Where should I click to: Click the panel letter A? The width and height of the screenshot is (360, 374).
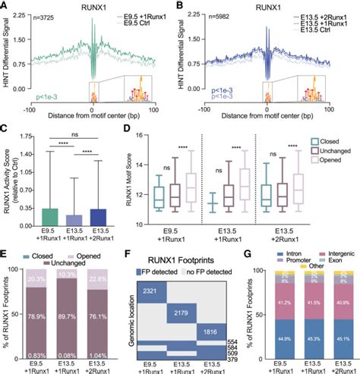point(5,5)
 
